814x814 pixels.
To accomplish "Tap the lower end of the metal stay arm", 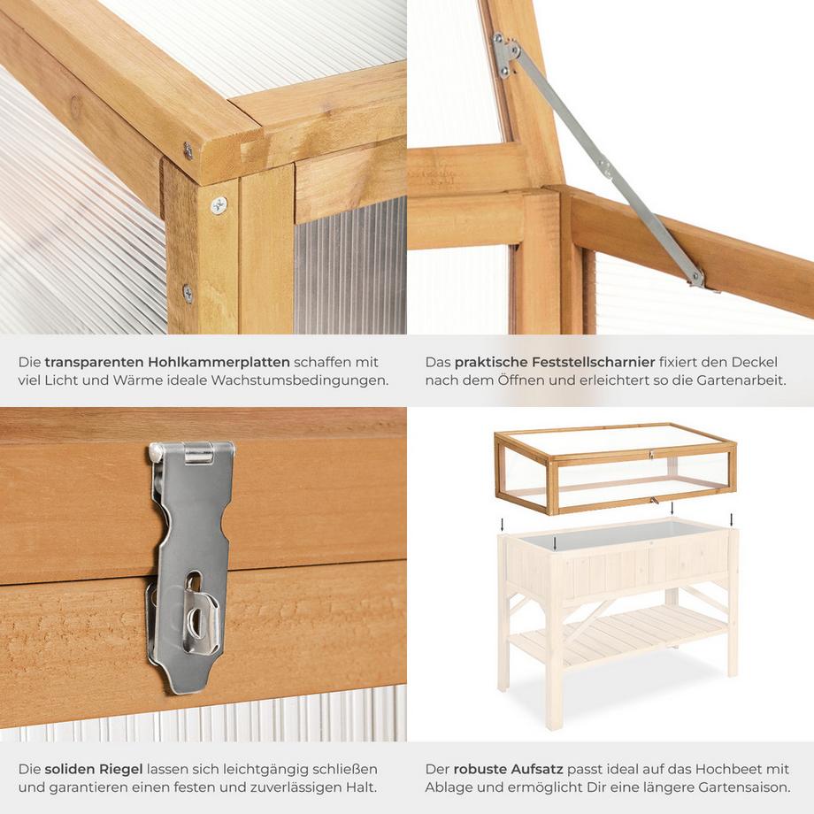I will point(697,280).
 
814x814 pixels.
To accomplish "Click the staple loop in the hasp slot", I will point(203,624).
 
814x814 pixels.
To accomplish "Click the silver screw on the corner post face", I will point(218,205).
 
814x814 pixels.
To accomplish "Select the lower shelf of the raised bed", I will point(619,634).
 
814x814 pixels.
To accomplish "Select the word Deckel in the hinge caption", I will point(759,362).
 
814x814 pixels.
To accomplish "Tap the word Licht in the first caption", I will point(66,381).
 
